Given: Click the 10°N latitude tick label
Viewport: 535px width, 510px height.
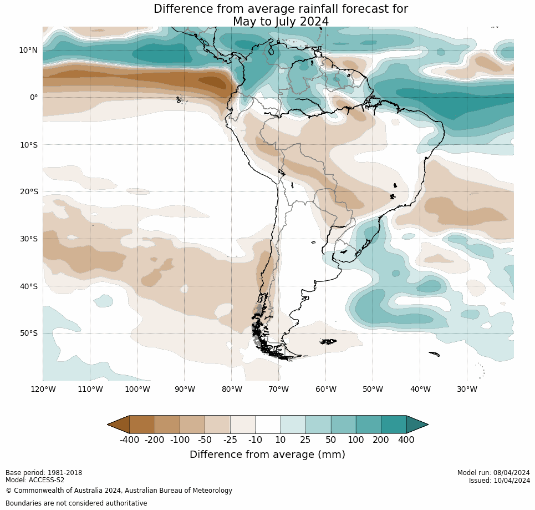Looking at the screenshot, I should tap(28, 50).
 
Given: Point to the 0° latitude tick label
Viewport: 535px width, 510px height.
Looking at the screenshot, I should tap(34, 97).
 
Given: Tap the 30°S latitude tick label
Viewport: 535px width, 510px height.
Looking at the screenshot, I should tap(28, 239).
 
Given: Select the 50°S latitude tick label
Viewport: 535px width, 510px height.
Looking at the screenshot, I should tap(28, 333).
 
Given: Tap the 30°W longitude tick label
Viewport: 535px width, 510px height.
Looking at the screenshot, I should tap(467, 389).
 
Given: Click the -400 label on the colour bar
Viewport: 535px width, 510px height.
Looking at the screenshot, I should tap(129, 440).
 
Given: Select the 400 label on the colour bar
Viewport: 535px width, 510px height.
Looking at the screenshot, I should tap(406, 440).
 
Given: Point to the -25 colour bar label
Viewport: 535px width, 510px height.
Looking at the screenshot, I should tap(230, 440).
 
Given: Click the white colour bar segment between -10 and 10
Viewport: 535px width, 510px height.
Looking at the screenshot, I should tap(268, 425).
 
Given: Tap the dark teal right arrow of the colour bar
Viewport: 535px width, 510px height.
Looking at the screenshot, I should tap(417, 425).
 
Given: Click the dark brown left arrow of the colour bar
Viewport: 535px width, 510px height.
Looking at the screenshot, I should tap(119, 425).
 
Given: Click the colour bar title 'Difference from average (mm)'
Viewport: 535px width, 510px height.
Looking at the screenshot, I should tap(267, 455).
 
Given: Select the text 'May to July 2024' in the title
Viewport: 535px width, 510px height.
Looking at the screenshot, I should tap(281, 22).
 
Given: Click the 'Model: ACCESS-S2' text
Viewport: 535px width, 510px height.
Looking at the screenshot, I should tap(35, 480).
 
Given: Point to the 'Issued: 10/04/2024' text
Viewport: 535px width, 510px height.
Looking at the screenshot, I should tap(499, 481).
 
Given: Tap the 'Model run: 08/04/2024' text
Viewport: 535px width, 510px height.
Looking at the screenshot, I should tap(493, 473).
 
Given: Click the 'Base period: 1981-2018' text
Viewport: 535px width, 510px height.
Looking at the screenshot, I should tap(44, 473).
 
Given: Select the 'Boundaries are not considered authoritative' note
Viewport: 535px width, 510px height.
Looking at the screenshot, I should tap(77, 503).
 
